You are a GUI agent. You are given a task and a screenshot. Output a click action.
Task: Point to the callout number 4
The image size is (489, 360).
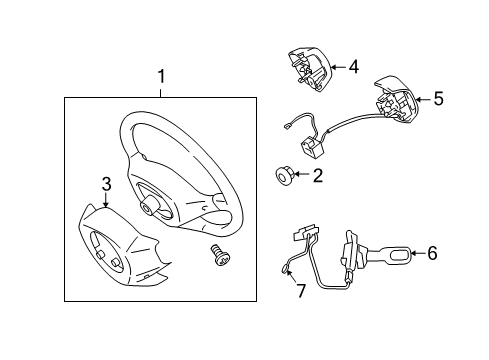pos(353,67)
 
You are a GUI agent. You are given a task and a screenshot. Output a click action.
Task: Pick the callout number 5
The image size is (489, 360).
pos(437,99)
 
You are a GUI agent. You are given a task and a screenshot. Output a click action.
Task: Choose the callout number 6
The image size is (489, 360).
pos(431,253)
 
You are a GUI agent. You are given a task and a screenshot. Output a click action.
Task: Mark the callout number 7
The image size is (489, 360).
pos(296,291)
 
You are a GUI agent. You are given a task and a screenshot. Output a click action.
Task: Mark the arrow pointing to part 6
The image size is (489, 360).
pos(413,253)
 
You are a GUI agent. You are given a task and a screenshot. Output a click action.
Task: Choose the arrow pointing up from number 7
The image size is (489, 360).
pos(291,276)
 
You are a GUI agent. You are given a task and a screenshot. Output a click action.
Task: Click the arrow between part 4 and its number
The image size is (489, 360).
pos(336,67)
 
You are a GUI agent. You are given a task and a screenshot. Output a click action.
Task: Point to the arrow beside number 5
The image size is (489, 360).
pos(422,99)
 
